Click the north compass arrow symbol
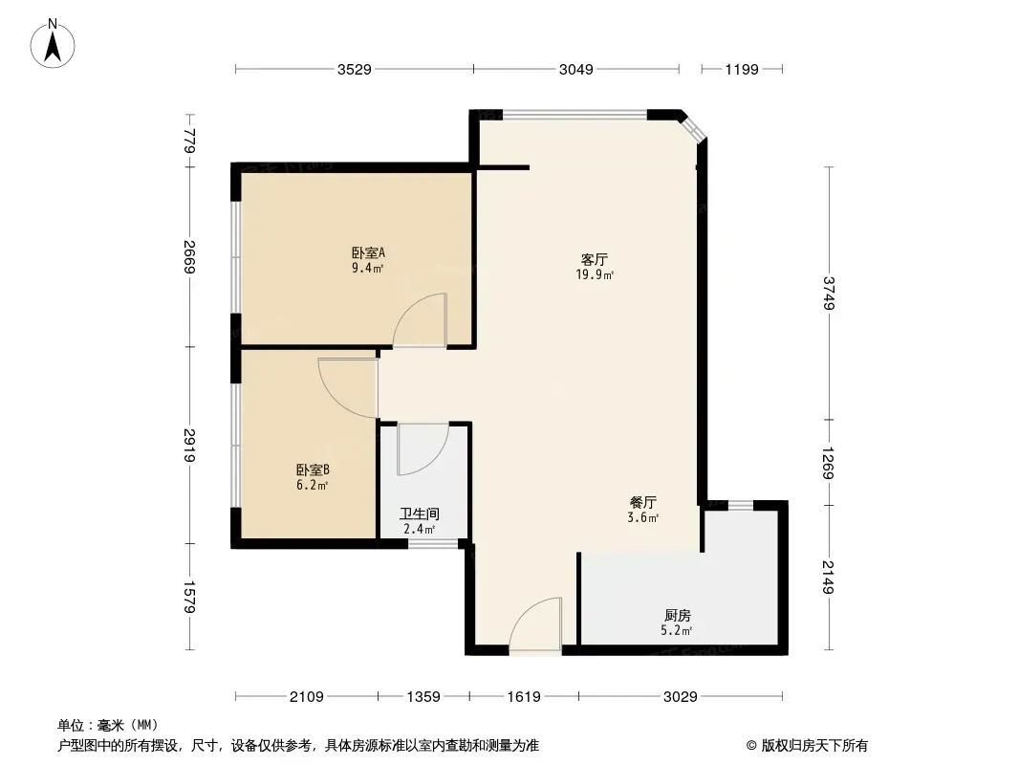point(53,44)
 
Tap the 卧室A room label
point(368,252)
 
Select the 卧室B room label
point(314,470)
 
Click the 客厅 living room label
point(594,259)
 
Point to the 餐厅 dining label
point(643,502)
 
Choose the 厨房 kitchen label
point(677,615)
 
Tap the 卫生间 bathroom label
point(420,514)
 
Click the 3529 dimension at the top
point(355,69)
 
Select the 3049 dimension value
point(576,69)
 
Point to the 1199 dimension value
point(742,69)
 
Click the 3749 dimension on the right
point(829,294)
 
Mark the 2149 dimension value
point(829,578)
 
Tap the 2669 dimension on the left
point(189,256)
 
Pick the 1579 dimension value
point(189,597)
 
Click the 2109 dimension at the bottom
point(307,697)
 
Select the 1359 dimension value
point(423,697)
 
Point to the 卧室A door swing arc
point(407,308)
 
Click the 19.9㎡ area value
point(595,275)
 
